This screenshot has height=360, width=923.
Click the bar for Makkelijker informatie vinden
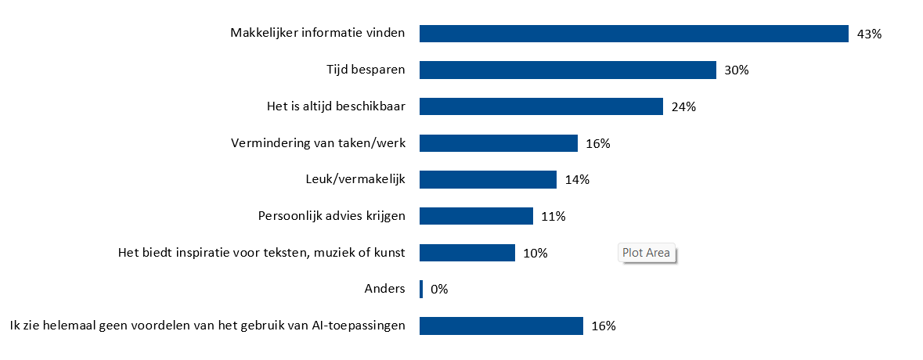pyautogui.click(x=634, y=34)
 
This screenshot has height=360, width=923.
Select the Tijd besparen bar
pyautogui.click(x=568, y=70)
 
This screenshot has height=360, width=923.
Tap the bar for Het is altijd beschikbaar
pyautogui.click(x=541, y=106)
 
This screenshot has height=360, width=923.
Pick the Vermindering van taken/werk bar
pyautogui.click(x=499, y=143)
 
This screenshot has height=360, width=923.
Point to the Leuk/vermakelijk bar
pyautogui.click(x=488, y=179)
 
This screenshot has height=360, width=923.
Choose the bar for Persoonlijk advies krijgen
pyautogui.click(x=476, y=216)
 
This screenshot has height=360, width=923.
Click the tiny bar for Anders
pyautogui.click(x=421, y=289)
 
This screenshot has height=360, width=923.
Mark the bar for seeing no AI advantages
pyautogui.click(x=501, y=326)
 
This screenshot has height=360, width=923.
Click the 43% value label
pyautogui.click(x=869, y=34)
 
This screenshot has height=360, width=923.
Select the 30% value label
pyautogui.click(x=737, y=70)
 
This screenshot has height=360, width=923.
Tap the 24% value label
pyautogui.click(x=683, y=106)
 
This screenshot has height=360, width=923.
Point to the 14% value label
pyautogui.click(x=577, y=180)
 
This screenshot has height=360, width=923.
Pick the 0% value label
pyautogui.click(x=439, y=290)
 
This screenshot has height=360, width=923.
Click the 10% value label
pyautogui.click(x=535, y=253)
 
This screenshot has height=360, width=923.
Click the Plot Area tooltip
pyautogui.click(x=647, y=253)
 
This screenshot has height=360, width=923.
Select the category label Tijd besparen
pyautogui.click(x=366, y=70)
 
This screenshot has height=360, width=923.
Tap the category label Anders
pyautogui.click(x=385, y=289)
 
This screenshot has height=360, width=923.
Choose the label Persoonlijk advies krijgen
pyautogui.click(x=331, y=216)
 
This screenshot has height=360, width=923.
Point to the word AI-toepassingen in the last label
pyautogui.click(x=358, y=326)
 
